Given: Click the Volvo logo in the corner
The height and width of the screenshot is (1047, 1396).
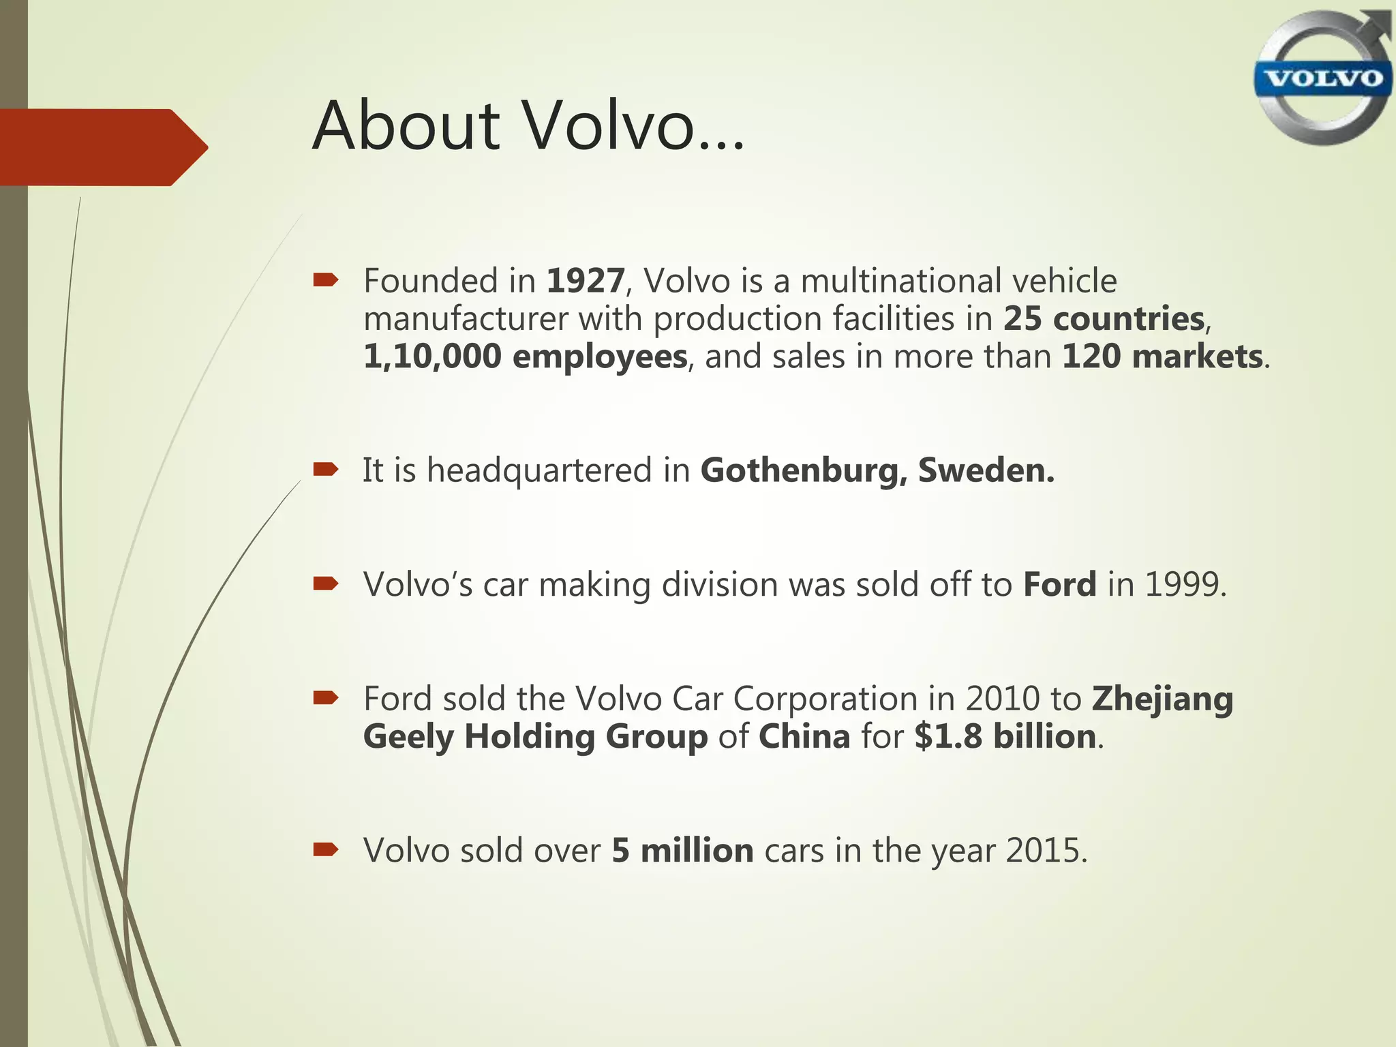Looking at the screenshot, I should tap(1322, 78).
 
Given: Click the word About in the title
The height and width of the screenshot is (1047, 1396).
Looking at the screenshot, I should tap(406, 126).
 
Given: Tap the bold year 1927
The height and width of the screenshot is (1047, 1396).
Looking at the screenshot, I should tap(586, 281).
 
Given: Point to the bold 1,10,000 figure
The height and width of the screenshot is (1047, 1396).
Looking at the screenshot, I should tap(432, 357).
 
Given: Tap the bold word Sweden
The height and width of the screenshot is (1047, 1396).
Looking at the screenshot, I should tap(986, 471).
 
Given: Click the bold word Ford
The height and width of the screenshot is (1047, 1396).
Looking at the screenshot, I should tap(1059, 585).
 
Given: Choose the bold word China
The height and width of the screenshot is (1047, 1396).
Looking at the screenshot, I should tap(804, 737).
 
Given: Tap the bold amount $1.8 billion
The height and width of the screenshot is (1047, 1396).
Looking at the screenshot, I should tap(1005, 737).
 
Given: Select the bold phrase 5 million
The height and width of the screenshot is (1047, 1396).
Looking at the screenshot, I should tap(682, 851).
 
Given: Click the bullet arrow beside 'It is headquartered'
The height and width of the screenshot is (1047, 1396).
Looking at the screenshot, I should tap(326, 469).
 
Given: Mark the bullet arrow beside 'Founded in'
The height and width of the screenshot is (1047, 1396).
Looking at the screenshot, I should tap(326, 279).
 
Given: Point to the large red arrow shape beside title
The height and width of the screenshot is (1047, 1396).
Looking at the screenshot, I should tap(102, 147).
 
